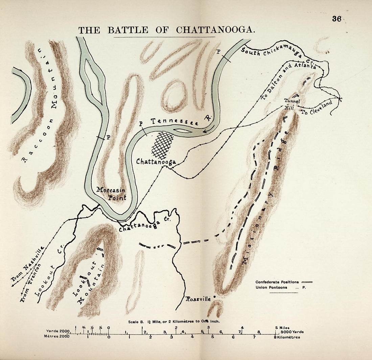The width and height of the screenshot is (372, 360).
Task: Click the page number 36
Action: [336, 19]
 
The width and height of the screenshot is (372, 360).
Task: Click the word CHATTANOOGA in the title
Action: [215, 30]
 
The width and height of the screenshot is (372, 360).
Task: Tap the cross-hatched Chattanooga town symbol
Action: [162, 145]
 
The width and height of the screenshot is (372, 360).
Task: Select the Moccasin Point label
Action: [111, 194]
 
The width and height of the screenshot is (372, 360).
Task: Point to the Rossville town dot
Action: [214, 297]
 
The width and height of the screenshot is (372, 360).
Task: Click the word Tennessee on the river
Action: [175, 122]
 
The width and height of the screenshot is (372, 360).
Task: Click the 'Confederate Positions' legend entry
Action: [277, 282]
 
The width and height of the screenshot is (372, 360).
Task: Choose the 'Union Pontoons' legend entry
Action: [271, 287]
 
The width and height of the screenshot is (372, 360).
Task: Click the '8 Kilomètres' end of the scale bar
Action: [287, 337]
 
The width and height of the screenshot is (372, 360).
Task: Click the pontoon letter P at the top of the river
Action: [218, 52]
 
